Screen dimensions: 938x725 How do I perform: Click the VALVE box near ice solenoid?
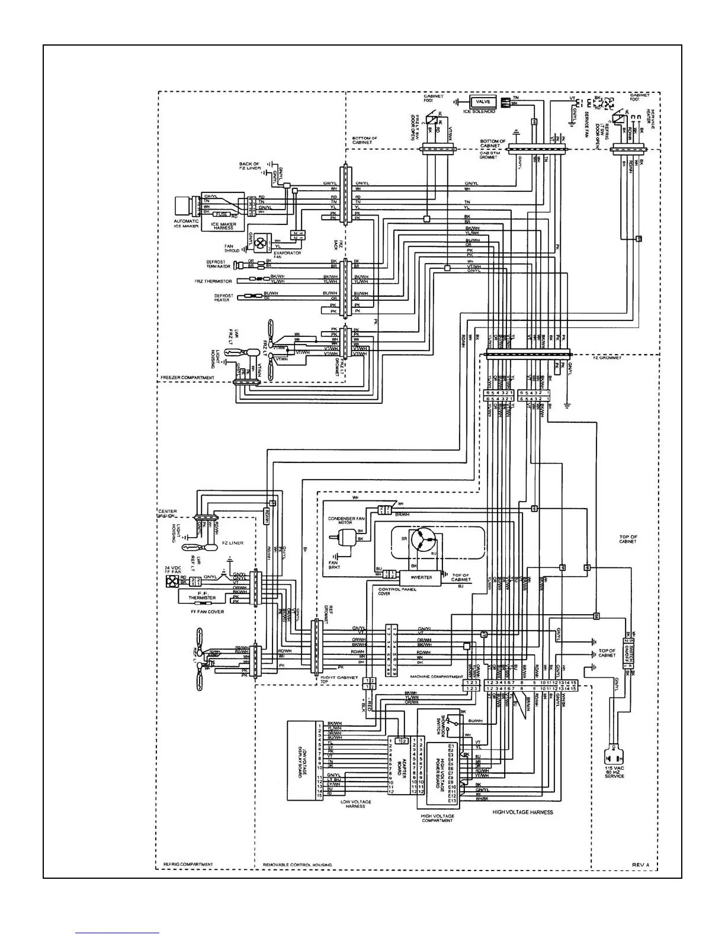pos(483,102)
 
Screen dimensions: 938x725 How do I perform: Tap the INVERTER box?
pos(422,577)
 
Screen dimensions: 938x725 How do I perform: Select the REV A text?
pos(641,865)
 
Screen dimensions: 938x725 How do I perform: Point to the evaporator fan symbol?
pos(259,242)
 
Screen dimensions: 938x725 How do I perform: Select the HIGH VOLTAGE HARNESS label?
pos(522,812)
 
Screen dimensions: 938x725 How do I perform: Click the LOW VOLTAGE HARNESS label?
pos(355,804)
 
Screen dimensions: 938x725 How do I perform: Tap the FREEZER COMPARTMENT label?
pos(187,377)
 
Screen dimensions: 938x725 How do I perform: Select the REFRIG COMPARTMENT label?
pos(188,865)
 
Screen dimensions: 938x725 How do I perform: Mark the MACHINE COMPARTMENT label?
pos(437,676)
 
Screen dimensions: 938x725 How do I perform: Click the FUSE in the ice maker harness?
pos(222,214)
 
